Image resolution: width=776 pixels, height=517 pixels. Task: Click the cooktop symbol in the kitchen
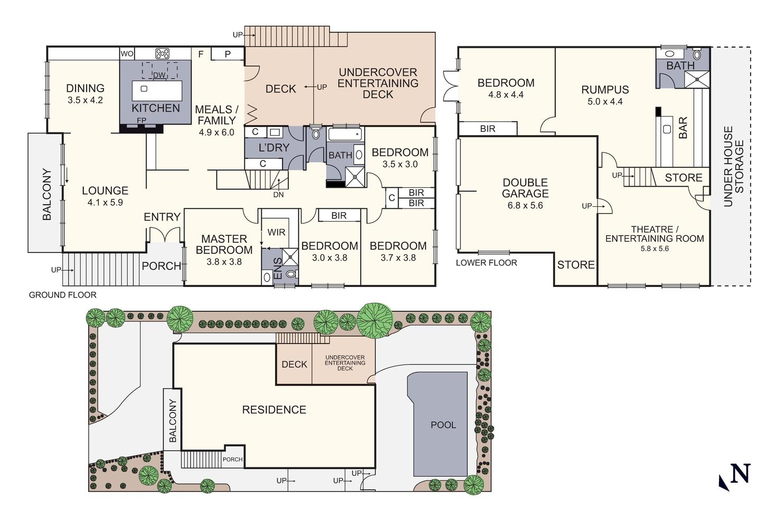pos(162,53)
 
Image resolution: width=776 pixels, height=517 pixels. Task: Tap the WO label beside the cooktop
pos(127,54)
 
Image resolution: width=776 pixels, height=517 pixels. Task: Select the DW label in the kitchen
pos(159,75)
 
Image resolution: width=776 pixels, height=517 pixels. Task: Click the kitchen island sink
pos(144,89)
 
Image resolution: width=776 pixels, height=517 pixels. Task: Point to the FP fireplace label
pos(141,120)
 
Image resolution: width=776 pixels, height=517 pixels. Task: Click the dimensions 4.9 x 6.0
pos(216,132)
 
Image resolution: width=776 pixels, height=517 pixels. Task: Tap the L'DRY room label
pos(273,148)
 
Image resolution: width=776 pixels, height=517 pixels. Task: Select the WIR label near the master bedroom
pos(277,232)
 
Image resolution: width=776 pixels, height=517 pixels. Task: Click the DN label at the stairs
pos(279,195)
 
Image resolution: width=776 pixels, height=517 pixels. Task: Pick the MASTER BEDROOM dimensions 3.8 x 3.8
pos(224,262)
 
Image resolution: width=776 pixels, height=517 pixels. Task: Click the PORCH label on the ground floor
pos(162,266)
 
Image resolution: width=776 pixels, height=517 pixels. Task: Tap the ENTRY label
pos(162,217)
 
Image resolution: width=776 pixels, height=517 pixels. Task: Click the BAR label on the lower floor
pos(683,128)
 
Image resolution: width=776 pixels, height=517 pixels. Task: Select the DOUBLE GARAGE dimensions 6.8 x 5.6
pos(525,205)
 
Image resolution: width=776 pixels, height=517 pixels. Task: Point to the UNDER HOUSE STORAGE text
pos(733,167)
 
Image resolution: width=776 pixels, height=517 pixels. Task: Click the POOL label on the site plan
pos(443,425)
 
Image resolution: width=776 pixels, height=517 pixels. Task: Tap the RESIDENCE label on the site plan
pos(274,410)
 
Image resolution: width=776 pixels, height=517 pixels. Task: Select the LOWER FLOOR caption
pos(486,263)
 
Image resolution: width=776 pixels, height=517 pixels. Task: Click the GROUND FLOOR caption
pos(62,295)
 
